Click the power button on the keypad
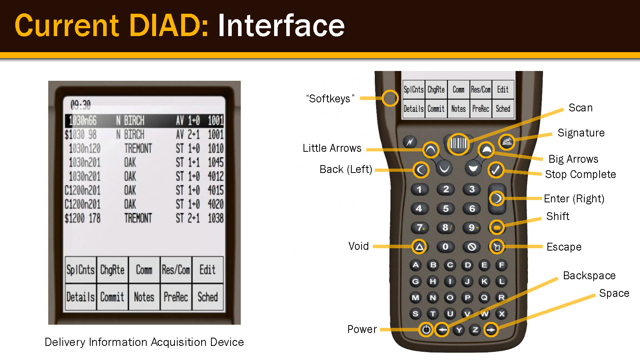tap(426, 330)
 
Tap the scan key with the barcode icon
tap(458, 144)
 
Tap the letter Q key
tap(484, 298)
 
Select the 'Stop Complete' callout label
tap(580, 174)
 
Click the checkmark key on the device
tap(496, 170)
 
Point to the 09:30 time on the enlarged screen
tap(80, 105)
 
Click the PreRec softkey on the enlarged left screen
tap(176, 297)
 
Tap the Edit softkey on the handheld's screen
tap(503, 90)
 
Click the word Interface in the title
tap(281, 26)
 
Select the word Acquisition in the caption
tap(179, 342)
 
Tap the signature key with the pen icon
tap(507, 142)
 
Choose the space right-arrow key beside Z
tap(491, 330)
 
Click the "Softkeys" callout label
tap(330, 98)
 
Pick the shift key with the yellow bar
tap(497, 227)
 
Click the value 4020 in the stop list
tap(215, 204)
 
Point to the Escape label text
tap(564, 247)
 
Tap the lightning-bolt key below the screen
tap(410, 142)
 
